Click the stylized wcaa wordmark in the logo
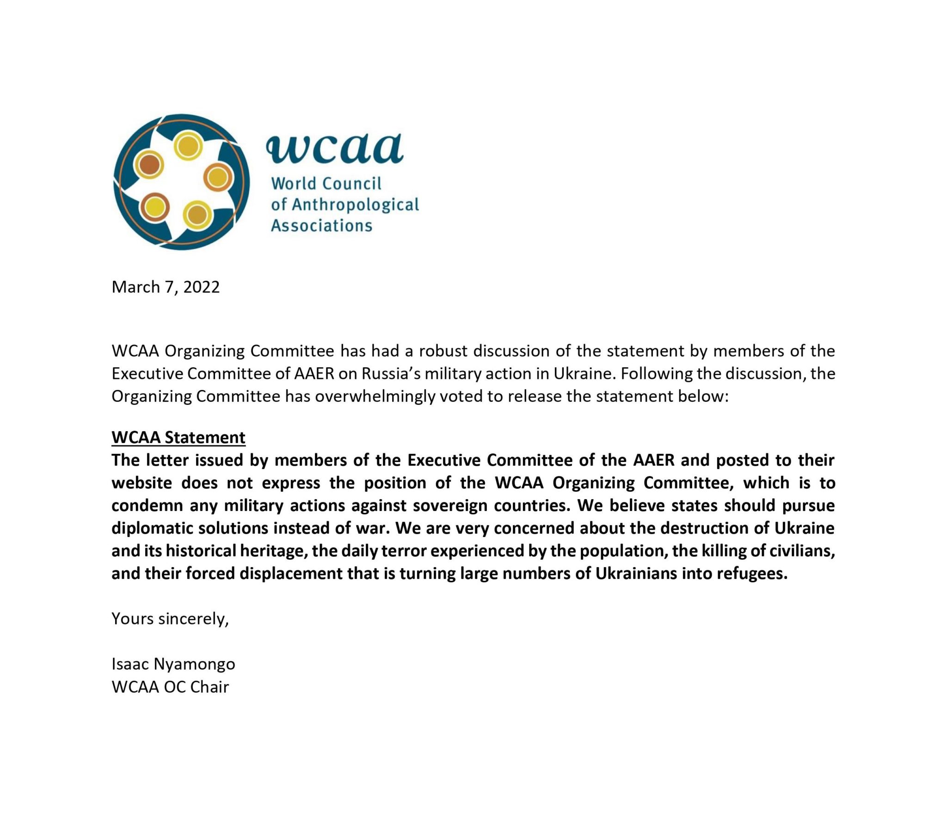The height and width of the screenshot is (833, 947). point(334,148)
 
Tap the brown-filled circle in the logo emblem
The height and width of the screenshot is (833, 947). point(149,165)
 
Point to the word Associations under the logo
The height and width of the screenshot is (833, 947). point(321,226)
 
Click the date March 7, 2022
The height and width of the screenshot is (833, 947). point(166,287)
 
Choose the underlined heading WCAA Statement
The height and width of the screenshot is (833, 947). point(178,437)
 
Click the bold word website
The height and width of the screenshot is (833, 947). point(141,482)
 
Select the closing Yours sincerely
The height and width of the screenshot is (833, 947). point(170,619)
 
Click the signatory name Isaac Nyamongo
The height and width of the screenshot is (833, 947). point(173,664)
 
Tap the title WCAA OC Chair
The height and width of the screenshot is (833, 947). point(170,687)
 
